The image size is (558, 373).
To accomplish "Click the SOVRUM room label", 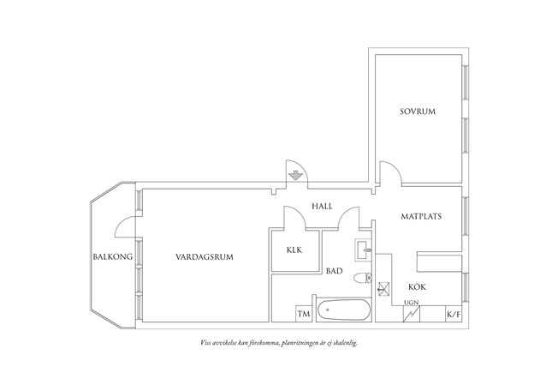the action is (x=418, y=111).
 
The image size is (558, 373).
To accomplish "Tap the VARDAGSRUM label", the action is (x=205, y=256).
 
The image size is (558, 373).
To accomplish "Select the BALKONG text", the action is (x=113, y=256).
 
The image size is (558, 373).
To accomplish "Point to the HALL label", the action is (x=322, y=206).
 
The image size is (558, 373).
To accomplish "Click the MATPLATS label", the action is (x=421, y=216).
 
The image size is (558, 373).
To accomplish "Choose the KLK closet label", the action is (x=294, y=250).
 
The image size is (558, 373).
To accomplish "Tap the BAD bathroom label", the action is (x=335, y=271).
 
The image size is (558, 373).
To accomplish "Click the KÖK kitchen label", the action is (x=417, y=286).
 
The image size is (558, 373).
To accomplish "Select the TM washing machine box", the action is (x=304, y=314).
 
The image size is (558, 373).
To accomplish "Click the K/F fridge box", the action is (x=454, y=314).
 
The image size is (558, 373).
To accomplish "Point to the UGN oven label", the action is (x=412, y=303).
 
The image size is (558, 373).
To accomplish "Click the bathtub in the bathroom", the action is (x=344, y=310).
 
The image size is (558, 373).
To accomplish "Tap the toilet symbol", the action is (x=363, y=278).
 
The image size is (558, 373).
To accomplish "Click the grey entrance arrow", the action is (x=295, y=176).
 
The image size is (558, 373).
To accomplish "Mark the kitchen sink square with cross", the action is (x=383, y=288).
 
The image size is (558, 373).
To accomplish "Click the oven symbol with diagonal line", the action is (x=412, y=314).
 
